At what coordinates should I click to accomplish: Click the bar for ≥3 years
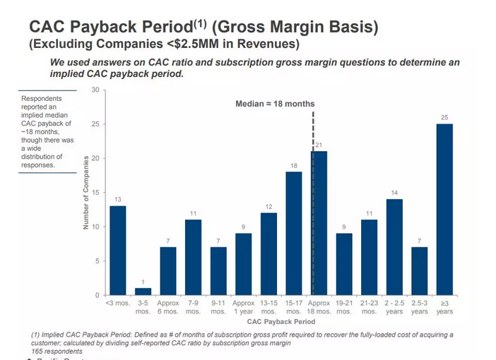pyautogui.click(x=444, y=210)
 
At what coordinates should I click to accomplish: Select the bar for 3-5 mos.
pyautogui.click(x=143, y=292)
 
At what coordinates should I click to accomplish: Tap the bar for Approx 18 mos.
pyautogui.click(x=319, y=223)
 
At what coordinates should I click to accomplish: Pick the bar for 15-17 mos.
pyautogui.click(x=293, y=233)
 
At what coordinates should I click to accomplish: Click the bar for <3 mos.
pyautogui.click(x=117, y=251)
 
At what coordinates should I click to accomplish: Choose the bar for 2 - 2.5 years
pyautogui.click(x=394, y=247)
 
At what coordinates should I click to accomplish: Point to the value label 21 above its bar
pyautogui.click(x=319, y=145)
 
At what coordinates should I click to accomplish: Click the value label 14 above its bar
pyautogui.click(x=394, y=193)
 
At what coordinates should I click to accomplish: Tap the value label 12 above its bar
pyautogui.click(x=268, y=206)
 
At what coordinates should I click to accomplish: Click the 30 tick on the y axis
pyautogui.click(x=95, y=90)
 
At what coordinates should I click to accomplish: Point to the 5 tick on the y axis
pyautogui.click(x=97, y=261)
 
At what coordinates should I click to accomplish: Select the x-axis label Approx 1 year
pyautogui.click(x=243, y=307)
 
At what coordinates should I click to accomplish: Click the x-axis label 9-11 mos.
pyautogui.click(x=218, y=307)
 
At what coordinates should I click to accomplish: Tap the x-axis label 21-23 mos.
pyautogui.click(x=369, y=307)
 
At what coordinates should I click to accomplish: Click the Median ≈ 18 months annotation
pyautogui.click(x=275, y=104)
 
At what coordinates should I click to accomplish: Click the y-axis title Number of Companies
pyautogui.click(x=85, y=192)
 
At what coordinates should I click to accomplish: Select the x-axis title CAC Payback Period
pyautogui.click(x=281, y=320)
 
